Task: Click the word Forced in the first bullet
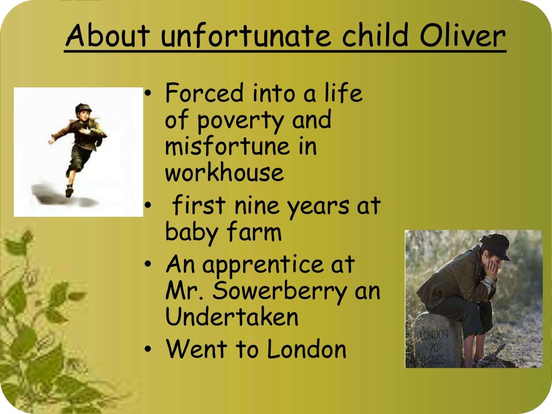tap(204, 93)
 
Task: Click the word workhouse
tap(224, 173)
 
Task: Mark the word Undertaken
tap(232, 317)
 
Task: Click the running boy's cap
tap(83, 107)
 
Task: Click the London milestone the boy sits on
tap(437, 340)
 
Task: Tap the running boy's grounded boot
tap(69, 191)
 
